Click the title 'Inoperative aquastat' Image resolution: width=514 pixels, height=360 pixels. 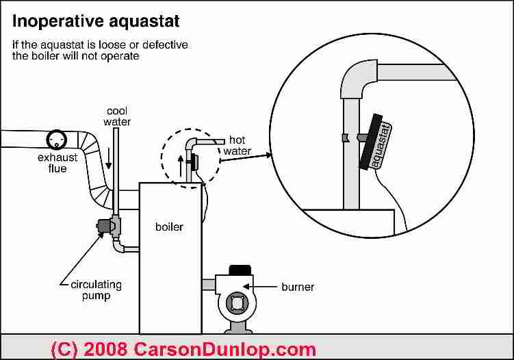(x=97, y=21)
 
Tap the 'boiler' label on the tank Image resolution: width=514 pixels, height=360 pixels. (x=170, y=226)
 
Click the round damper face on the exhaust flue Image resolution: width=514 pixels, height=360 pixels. (x=55, y=140)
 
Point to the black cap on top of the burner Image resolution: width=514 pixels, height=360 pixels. (x=240, y=269)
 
